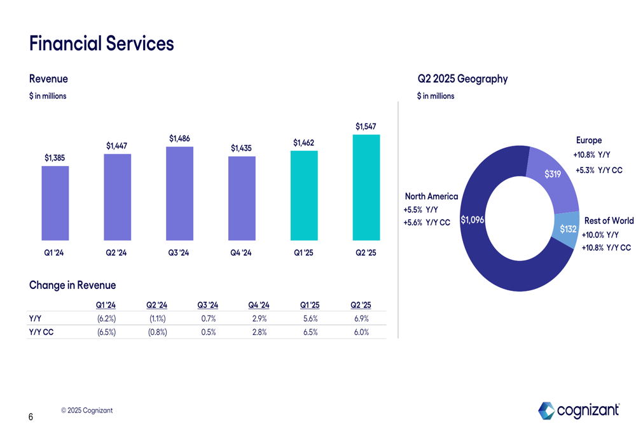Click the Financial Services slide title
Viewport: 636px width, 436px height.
(x=101, y=44)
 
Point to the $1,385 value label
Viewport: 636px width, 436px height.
(x=55, y=157)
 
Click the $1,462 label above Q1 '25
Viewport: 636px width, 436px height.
(x=304, y=143)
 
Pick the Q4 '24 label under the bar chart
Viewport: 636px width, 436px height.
(x=242, y=253)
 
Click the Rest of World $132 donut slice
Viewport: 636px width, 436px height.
(x=567, y=227)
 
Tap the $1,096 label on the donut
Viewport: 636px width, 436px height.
(x=473, y=220)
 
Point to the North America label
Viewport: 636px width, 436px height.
(x=431, y=196)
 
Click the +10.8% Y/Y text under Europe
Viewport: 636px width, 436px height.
(x=591, y=155)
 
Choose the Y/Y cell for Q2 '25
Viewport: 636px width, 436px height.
(x=361, y=318)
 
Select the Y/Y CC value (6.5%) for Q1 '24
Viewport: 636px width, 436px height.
(x=106, y=332)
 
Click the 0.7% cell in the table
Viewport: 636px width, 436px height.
(x=208, y=318)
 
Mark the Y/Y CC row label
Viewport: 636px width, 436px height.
(x=41, y=332)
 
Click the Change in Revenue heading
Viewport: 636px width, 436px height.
(x=73, y=285)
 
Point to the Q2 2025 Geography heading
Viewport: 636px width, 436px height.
(x=462, y=79)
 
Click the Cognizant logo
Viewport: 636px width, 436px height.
(x=579, y=411)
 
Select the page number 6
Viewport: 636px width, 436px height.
(x=31, y=418)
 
